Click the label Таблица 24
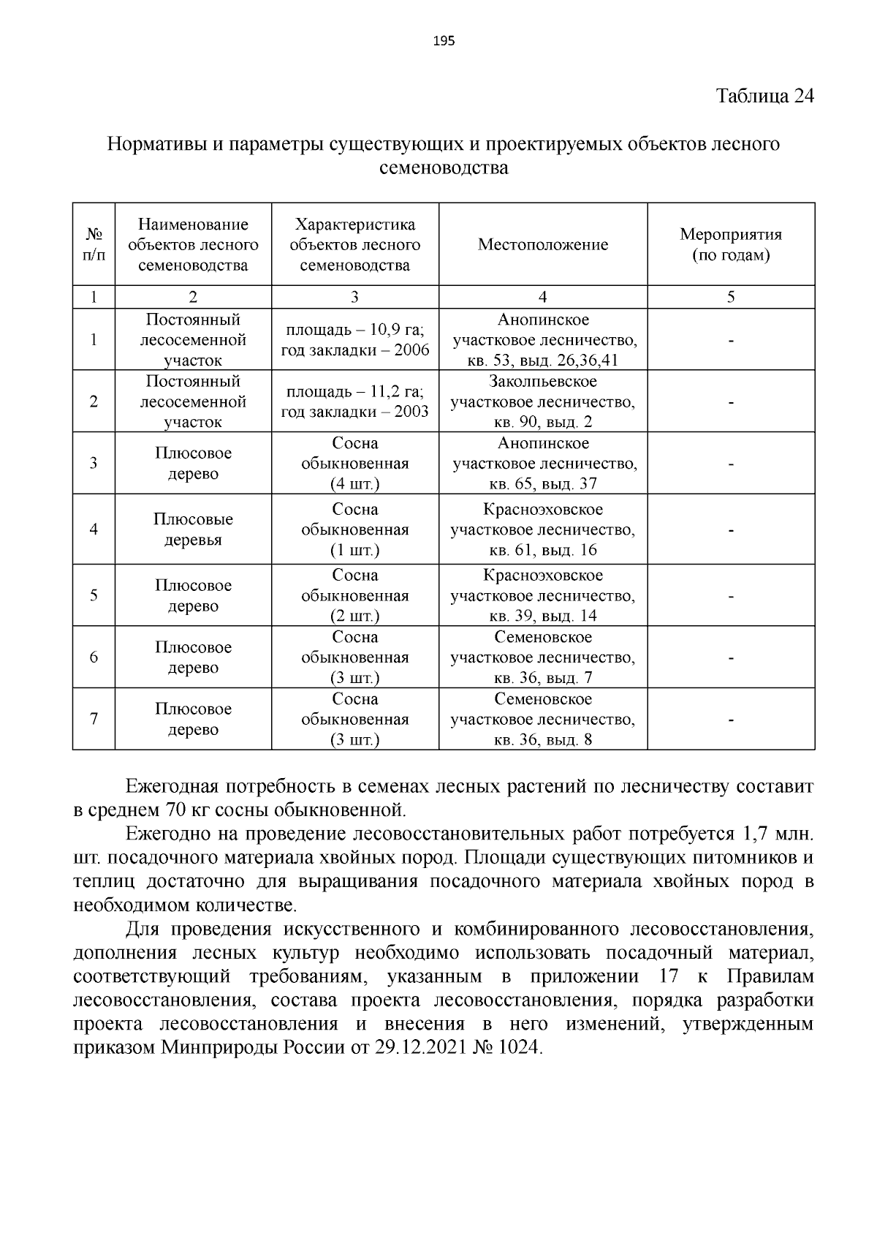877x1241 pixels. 764,97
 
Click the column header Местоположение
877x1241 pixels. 542,245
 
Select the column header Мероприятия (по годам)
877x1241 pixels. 730,245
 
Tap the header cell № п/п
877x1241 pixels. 94,245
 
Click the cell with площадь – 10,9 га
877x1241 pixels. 354,330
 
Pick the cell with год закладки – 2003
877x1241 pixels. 354,412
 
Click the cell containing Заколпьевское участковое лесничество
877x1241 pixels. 542,401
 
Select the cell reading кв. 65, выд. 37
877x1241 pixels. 542,483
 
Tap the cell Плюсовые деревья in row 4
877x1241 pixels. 193,529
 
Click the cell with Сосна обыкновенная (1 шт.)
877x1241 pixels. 354,529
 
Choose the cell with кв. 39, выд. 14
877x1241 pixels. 542,616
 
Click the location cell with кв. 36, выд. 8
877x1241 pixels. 542,739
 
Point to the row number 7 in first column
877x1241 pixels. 94,719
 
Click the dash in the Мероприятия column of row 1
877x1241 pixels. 730,340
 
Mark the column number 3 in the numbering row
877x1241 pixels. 354,297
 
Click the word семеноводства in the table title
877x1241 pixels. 444,168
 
